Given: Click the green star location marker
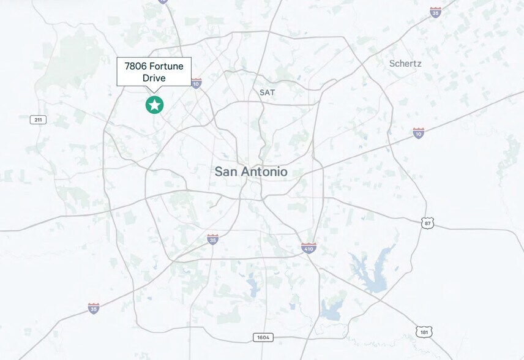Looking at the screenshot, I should pyautogui.click(x=154, y=105).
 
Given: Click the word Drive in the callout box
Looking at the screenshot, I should pyautogui.click(x=154, y=78).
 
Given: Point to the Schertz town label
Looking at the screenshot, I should pyautogui.click(x=405, y=63).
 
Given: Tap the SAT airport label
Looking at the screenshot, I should pyautogui.click(x=267, y=92).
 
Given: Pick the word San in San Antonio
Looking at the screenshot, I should pyautogui.click(x=225, y=172).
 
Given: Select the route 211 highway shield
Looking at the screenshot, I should pyautogui.click(x=38, y=119).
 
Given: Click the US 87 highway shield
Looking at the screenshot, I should pyautogui.click(x=427, y=223).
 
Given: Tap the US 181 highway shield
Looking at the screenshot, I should pyautogui.click(x=424, y=332).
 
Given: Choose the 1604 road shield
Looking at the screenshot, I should pyautogui.click(x=262, y=337).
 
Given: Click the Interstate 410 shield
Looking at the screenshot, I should pyautogui.click(x=309, y=248).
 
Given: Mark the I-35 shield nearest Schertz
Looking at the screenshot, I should pyautogui.click(x=435, y=12).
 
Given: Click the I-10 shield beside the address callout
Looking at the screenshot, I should pyautogui.click(x=196, y=83).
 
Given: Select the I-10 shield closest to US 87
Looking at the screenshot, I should pyautogui.click(x=419, y=133).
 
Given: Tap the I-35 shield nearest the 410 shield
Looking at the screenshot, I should pyautogui.click(x=212, y=239).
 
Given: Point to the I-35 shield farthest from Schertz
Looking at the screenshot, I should pyautogui.click(x=94, y=308).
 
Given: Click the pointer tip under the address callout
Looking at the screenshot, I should pyautogui.click(x=154, y=92).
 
